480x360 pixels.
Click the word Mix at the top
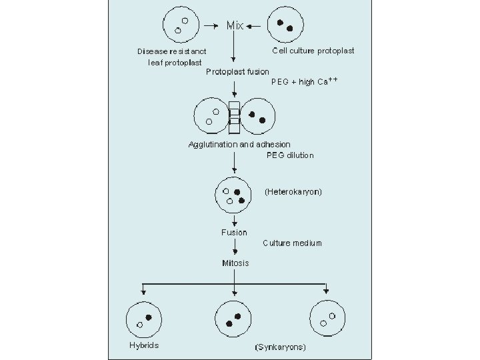click(235, 26)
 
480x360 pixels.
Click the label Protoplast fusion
click(238, 71)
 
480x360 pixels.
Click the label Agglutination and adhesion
click(239, 144)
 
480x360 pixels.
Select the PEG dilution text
click(289, 155)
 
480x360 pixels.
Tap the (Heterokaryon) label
click(293, 192)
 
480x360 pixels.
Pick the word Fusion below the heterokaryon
click(234, 233)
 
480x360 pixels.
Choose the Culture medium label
click(292, 243)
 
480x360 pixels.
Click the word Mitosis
click(235, 263)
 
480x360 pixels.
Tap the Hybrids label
click(143, 345)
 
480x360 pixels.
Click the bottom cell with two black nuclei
click(236, 319)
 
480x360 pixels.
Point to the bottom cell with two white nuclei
click(327, 319)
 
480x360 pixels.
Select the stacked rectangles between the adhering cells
click(234, 117)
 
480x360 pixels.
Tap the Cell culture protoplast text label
click(313, 51)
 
